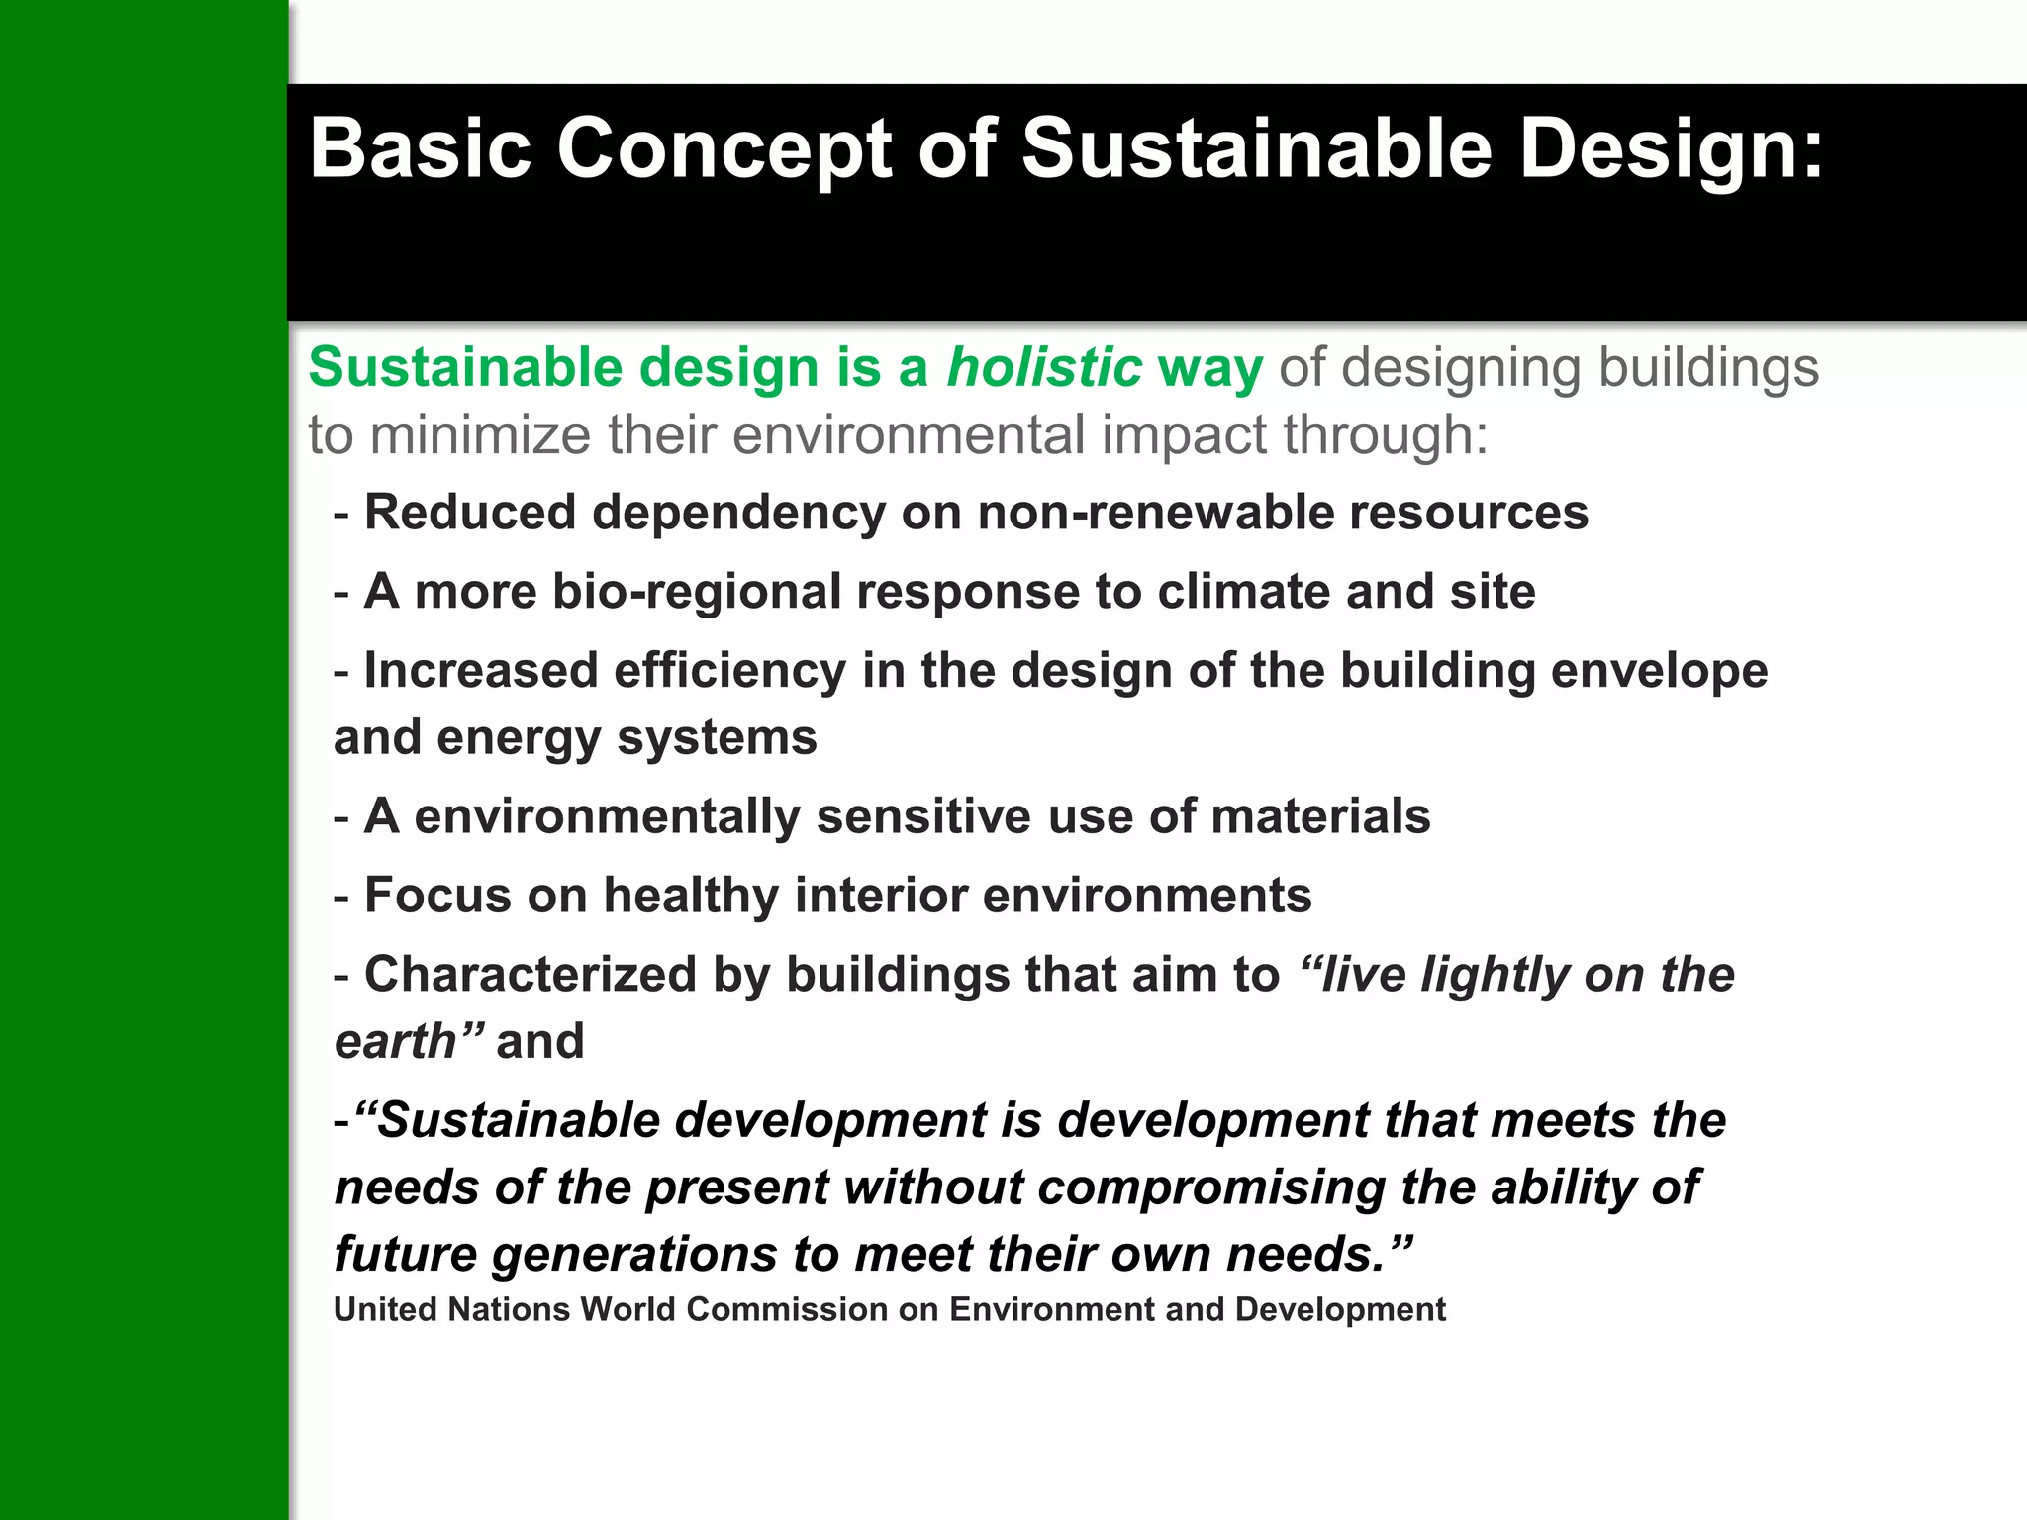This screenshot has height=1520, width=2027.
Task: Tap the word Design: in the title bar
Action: (1671, 150)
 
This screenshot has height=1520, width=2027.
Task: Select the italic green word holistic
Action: (1044, 368)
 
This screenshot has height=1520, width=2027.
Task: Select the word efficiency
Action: (729, 671)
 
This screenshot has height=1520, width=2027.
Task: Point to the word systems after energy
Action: (717, 738)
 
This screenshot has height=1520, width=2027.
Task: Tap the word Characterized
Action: (531, 975)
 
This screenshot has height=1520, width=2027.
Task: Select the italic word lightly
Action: (1494, 975)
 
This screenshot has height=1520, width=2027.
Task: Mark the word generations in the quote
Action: (633, 1255)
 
